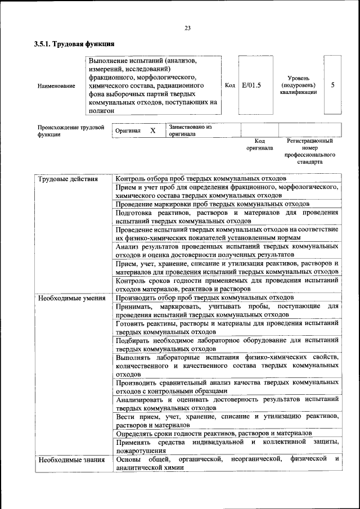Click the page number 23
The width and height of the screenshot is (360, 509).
(187, 28)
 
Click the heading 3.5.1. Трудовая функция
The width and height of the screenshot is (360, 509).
(74, 43)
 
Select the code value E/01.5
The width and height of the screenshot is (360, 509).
(251, 85)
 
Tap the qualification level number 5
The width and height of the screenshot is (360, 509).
(333, 85)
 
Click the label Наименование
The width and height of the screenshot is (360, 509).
(56, 86)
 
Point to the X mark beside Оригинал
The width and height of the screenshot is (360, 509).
(152, 130)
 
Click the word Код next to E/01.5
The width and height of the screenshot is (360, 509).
(229, 85)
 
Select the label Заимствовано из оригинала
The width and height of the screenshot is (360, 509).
(190, 130)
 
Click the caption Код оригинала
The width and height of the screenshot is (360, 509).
(259, 145)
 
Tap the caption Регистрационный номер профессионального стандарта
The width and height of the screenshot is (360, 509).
(310, 151)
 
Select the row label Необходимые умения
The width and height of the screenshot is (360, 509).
(72, 298)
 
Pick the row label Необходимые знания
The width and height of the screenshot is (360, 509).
(71, 460)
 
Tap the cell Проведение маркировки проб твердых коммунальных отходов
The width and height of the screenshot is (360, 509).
(213, 204)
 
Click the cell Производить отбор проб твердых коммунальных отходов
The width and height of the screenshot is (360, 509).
(205, 298)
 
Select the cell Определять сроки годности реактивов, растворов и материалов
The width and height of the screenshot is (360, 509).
(214, 434)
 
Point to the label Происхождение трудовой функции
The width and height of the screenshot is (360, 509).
(71, 131)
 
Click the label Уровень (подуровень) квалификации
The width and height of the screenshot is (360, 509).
(298, 85)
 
